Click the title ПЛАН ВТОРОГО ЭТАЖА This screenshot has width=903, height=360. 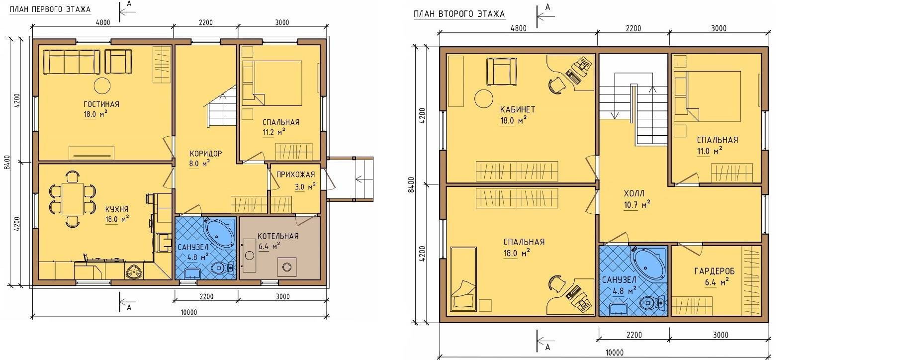[459, 14]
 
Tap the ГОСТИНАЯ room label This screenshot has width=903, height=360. [101, 104]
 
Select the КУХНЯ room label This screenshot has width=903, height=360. [117, 209]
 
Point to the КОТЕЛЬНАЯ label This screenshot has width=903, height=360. [278, 236]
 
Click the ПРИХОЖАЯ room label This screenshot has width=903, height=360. [295, 175]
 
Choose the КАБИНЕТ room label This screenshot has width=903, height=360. [518, 109]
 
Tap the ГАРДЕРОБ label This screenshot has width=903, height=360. [715, 271]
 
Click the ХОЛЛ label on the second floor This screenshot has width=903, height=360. [634, 193]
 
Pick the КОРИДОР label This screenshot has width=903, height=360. [205, 153]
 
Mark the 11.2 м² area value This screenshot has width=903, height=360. [274, 132]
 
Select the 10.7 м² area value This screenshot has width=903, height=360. [638, 204]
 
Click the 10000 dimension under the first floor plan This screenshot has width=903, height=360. [188, 313]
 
